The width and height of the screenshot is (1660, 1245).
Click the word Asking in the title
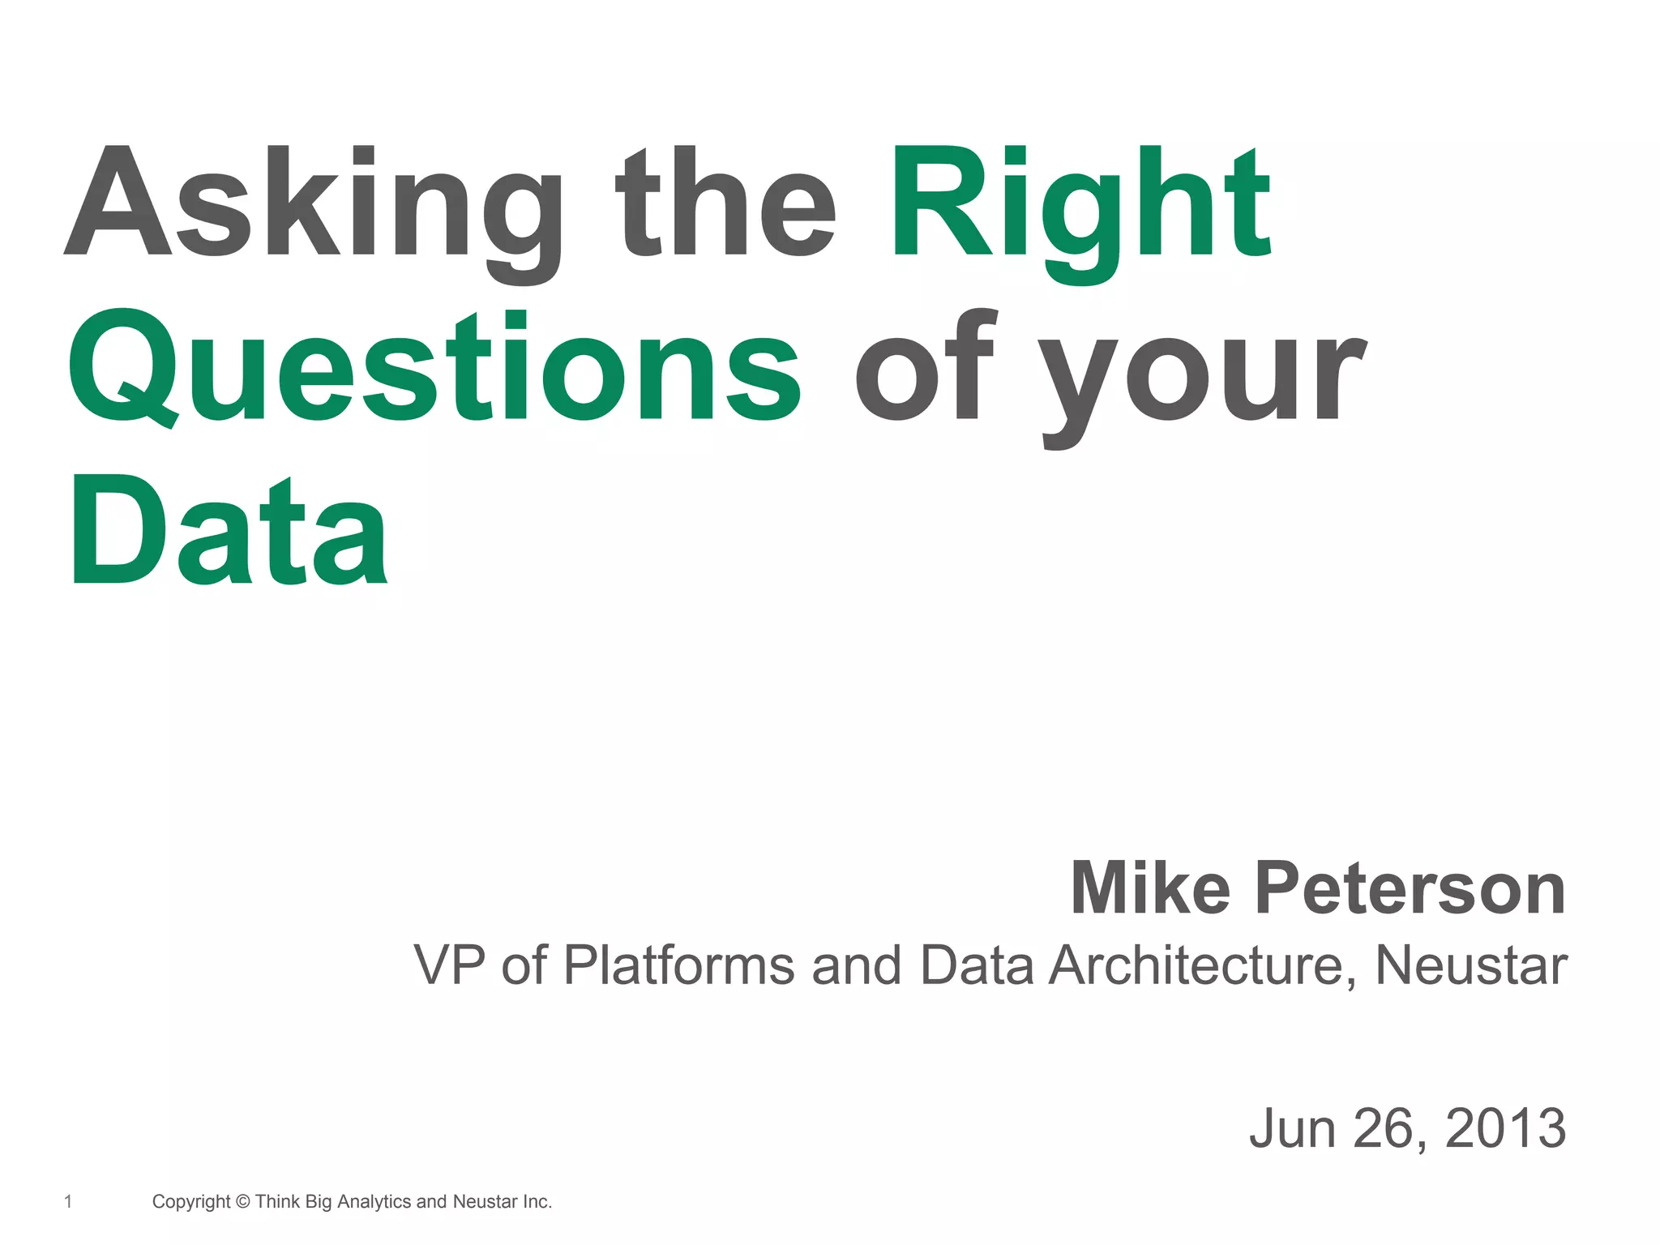[x=312, y=203]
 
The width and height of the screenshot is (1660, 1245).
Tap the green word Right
[x=1080, y=203]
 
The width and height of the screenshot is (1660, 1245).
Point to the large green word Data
[x=229, y=531]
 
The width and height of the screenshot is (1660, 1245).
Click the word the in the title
[x=725, y=203]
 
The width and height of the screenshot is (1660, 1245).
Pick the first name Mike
[x=1150, y=888]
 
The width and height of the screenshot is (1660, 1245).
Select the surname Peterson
[x=1410, y=888]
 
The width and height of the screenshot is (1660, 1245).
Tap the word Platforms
[x=679, y=965]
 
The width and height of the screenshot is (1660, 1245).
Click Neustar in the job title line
[x=1471, y=965]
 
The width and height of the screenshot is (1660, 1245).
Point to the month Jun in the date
[x=1292, y=1127]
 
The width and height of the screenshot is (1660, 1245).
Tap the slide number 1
[x=68, y=1201]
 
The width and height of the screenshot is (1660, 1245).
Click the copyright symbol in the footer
[x=242, y=1201]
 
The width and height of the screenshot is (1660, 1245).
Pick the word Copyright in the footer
[x=191, y=1202]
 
